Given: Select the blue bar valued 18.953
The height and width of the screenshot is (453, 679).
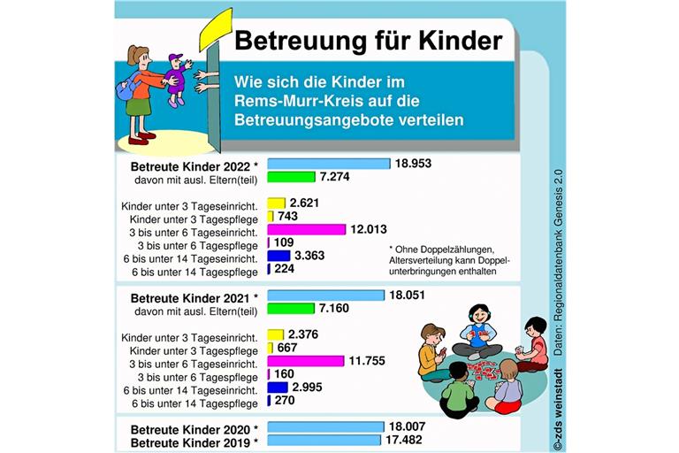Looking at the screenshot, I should coord(329,164).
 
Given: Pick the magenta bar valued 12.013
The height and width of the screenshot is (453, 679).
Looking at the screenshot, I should coord(306,229).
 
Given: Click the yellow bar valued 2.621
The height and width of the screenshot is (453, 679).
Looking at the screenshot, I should coord(277,203).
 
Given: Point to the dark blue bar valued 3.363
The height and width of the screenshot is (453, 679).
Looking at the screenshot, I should coord(278,256).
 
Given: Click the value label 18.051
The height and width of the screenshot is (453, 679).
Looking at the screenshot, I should coord(415,296).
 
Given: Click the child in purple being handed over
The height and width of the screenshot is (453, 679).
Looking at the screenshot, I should coord(178,78).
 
